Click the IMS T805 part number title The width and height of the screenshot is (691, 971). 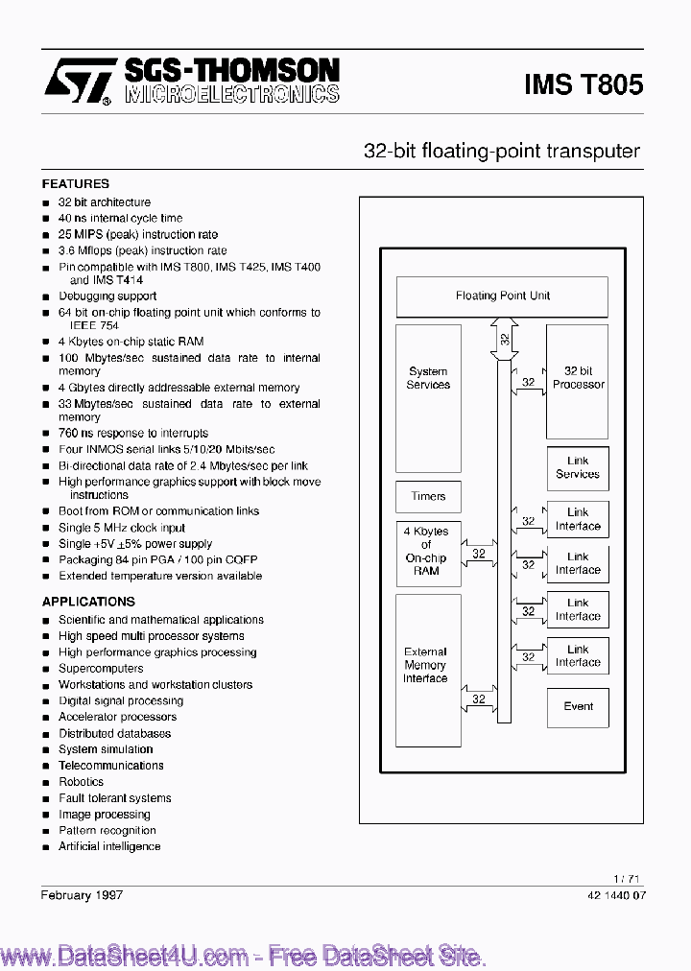tap(584, 83)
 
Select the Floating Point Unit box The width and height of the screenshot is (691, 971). tap(502, 296)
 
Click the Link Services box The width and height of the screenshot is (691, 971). tap(578, 467)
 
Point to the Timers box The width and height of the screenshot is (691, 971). tap(428, 496)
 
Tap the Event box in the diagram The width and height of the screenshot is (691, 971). tap(578, 707)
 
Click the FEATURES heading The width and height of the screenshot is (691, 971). tap(76, 183)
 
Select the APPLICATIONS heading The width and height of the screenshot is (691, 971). tap(88, 602)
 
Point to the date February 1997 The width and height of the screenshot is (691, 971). tap(82, 894)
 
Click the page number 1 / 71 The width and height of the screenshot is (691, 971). tap(627, 879)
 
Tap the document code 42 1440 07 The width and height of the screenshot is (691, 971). tap(615, 895)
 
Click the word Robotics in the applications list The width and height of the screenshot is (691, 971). tap(81, 782)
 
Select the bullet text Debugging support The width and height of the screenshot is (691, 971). tap(107, 296)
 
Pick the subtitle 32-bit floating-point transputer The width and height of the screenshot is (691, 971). tap(501, 151)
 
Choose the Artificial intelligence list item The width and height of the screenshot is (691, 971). tap(109, 846)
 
